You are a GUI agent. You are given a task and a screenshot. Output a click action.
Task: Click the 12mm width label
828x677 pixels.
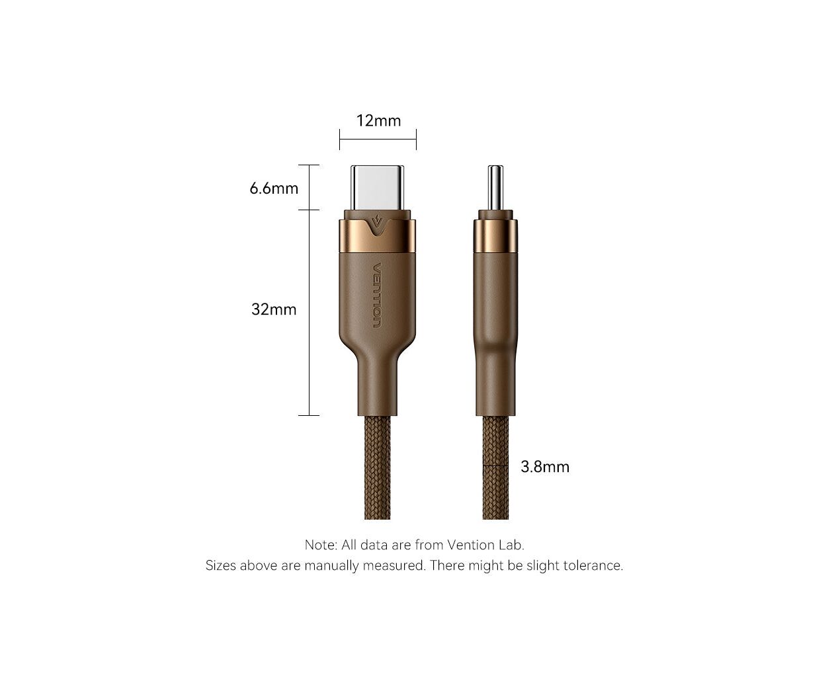(x=378, y=120)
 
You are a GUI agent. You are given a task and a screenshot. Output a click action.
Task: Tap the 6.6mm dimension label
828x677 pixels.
(x=274, y=188)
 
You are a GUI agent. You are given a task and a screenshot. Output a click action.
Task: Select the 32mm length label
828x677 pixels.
(x=274, y=309)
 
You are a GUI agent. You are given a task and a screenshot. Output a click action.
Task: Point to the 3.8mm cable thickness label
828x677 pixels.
(x=544, y=467)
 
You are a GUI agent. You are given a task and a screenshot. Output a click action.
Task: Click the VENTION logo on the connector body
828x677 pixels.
(x=377, y=295)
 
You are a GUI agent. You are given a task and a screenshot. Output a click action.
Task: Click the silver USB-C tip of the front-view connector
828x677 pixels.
(x=377, y=188)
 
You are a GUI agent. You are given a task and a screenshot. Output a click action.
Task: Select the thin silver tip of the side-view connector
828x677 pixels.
(x=495, y=188)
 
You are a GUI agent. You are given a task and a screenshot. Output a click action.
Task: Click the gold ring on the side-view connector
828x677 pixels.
(x=495, y=235)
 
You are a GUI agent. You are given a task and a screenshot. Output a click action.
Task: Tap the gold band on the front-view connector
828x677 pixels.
(x=377, y=235)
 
